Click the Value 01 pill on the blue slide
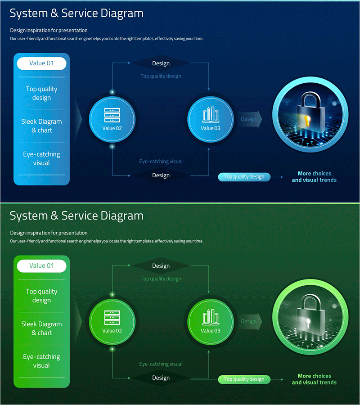[x=41, y=63]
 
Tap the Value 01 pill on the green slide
[x=41, y=265]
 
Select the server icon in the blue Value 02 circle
[x=112, y=115]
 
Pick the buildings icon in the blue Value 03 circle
[x=210, y=115]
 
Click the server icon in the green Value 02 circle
[x=112, y=317]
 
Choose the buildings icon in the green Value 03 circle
[x=210, y=317]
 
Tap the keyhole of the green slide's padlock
[x=308, y=323]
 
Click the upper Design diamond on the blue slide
[x=161, y=63]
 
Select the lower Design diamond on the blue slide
[x=161, y=175]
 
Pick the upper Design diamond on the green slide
[x=161, y=266]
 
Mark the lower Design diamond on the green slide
[x=161, y=378]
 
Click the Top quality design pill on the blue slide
[x=244, y=177]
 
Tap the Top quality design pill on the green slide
[x=244, y=379]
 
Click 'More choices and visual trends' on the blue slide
[x=314, y=176]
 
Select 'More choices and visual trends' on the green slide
[x=314, y=379]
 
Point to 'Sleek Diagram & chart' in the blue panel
[x=41, y=126]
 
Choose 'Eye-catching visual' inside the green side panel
[x=41, y=361]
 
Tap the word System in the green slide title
[x=28, y=216]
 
